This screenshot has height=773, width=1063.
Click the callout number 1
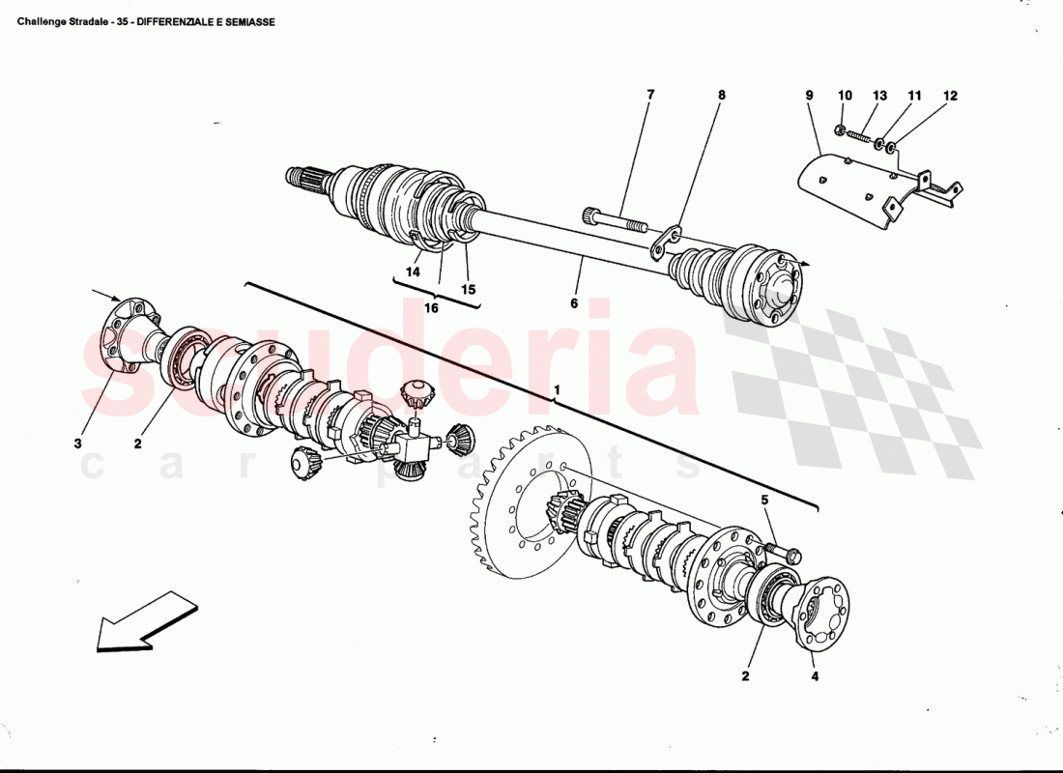coord(557,391)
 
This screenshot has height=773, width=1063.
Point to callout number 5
coord(764,501)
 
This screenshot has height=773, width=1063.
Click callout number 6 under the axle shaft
coord(574,303)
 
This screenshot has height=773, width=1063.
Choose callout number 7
coord(650,95)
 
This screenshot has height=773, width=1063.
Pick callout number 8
coord(721,95)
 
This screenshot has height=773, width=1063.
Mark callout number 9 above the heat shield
coord(809,95)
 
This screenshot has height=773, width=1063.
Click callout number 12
coord(950,95)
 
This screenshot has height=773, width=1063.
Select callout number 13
coord(879,95)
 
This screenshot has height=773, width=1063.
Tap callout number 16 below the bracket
coord(431,308)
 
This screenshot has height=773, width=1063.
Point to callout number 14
coord(413,272)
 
